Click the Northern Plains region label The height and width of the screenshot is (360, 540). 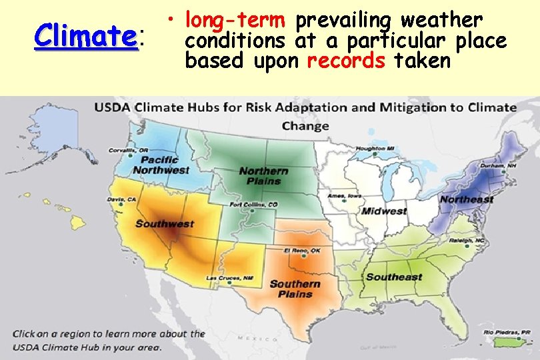click(263, 176)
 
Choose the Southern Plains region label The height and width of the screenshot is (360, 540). click(295, 289)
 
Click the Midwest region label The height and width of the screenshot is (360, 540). click(384, 211)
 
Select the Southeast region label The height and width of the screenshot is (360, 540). click(394, 277)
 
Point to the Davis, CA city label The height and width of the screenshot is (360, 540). click(121, 199)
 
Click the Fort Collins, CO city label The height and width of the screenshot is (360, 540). click(254, 205)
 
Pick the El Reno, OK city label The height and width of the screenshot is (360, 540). click(303, 250)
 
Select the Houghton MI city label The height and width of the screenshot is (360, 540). click(375, 149)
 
